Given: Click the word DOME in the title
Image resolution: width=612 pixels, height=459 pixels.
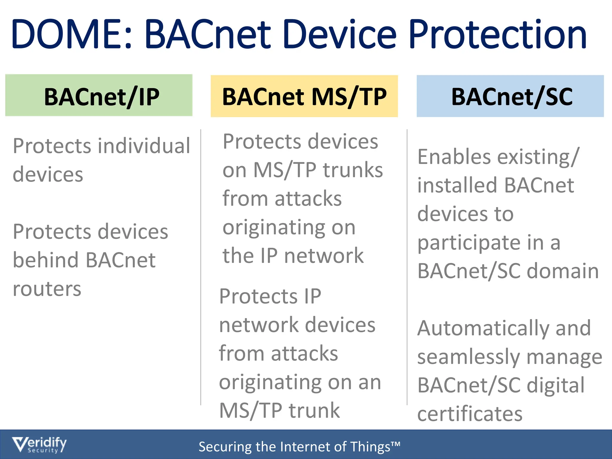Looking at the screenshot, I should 67,34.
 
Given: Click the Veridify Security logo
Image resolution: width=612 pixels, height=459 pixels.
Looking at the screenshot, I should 39,445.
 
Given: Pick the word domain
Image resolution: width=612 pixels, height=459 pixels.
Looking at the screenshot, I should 563,271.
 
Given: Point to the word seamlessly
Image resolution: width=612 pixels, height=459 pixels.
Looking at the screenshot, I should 469,357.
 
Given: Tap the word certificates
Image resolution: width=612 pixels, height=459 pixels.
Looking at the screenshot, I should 470,414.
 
